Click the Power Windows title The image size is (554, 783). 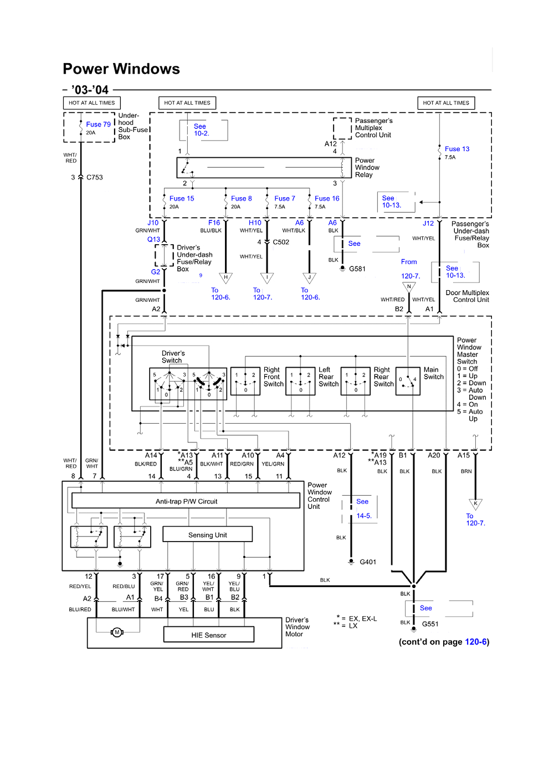tap(121, 69)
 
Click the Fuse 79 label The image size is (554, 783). tap(98, 125)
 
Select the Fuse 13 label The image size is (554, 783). tap(456, 149)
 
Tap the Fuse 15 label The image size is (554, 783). tap(182, 198)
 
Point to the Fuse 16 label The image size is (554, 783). tap(327, 198)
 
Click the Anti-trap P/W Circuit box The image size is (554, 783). tap(186, 501)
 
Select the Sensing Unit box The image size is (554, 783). tap(208, 534)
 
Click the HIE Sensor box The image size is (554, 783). tap(209, 635)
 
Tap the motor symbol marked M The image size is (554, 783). tap(117, 632)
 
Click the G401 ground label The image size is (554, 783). tap(368, 562)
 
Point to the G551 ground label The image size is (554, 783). tap(430, 624)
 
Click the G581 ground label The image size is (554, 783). tap(357, 269)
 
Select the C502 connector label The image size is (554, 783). tap(281, 242)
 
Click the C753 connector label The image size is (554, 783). tap(95, 177)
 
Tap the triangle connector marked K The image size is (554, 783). tap(475, 504)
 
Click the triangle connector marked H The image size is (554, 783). tap(226, 277)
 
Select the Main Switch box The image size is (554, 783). tap(408, 381)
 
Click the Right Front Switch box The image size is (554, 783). tap(245, 381)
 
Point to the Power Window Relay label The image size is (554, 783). tap(367, 168)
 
